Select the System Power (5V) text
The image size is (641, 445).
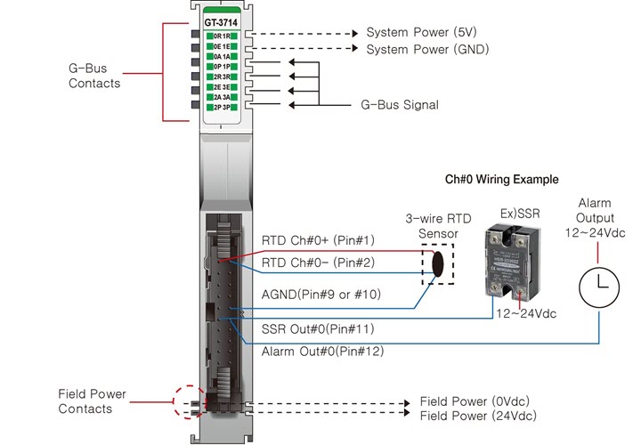420,32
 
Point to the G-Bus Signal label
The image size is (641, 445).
400,105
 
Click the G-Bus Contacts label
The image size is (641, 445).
93,75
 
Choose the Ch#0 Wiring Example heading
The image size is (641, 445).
501,179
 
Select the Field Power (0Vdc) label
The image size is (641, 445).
477,401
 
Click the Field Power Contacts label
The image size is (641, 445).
92,401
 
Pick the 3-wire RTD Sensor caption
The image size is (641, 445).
432,226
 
